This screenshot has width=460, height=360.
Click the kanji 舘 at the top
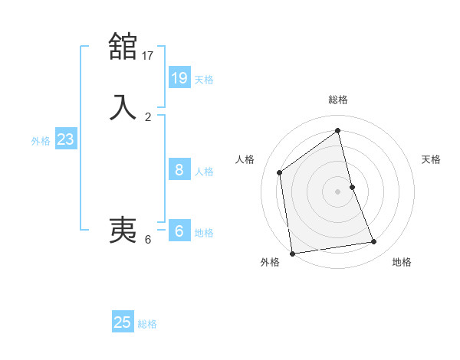point(123,46)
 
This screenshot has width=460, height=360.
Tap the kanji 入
point(123,107)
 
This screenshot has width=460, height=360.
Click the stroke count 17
point(148,55)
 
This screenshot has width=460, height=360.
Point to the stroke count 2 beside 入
point(148,117)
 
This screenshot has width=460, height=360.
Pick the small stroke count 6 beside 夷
point(148,240)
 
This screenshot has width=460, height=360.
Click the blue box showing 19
point(179,77)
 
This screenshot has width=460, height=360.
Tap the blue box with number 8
point(179,169)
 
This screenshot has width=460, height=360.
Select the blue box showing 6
point(179,231)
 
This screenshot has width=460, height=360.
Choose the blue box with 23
point(65,139)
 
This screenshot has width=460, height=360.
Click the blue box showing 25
point(123,322)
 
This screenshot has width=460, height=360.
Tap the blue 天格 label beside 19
point(204,80)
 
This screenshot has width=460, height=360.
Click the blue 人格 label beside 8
point(204,172)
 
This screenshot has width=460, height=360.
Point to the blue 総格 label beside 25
point(147,325)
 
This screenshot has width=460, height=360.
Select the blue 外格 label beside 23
point(41,141)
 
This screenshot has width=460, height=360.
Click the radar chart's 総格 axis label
point(338,100)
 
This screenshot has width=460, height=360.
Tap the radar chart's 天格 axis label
point(432,159)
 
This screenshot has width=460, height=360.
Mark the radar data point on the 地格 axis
point(374,242)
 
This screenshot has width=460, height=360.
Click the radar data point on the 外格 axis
point(292,253)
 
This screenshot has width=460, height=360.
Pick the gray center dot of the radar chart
point(338,191)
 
